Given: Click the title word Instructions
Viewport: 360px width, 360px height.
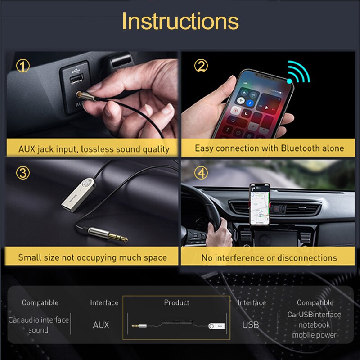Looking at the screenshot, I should [x=180, y=21].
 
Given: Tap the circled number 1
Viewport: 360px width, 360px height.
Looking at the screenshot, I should [x=23, y=66].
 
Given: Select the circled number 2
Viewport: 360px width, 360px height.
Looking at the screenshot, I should [x=201, y=66].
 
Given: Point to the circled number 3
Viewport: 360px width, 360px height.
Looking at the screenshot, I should [x=23, y=172].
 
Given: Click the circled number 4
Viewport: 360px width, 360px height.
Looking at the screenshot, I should [x=201, y=172].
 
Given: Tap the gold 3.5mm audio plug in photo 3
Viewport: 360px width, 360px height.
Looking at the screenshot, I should [x=106, y=234].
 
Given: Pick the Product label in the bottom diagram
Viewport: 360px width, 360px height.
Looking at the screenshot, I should [x=176, y=302].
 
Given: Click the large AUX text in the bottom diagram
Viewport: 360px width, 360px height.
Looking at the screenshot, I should [x=101, y=324].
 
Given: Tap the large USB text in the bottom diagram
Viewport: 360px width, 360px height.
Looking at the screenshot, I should [x=250, y=324].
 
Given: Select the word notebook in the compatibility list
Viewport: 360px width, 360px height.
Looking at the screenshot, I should [x=314, y=324].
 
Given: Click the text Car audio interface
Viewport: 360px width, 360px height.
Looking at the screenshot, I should [x=39, y=320].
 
